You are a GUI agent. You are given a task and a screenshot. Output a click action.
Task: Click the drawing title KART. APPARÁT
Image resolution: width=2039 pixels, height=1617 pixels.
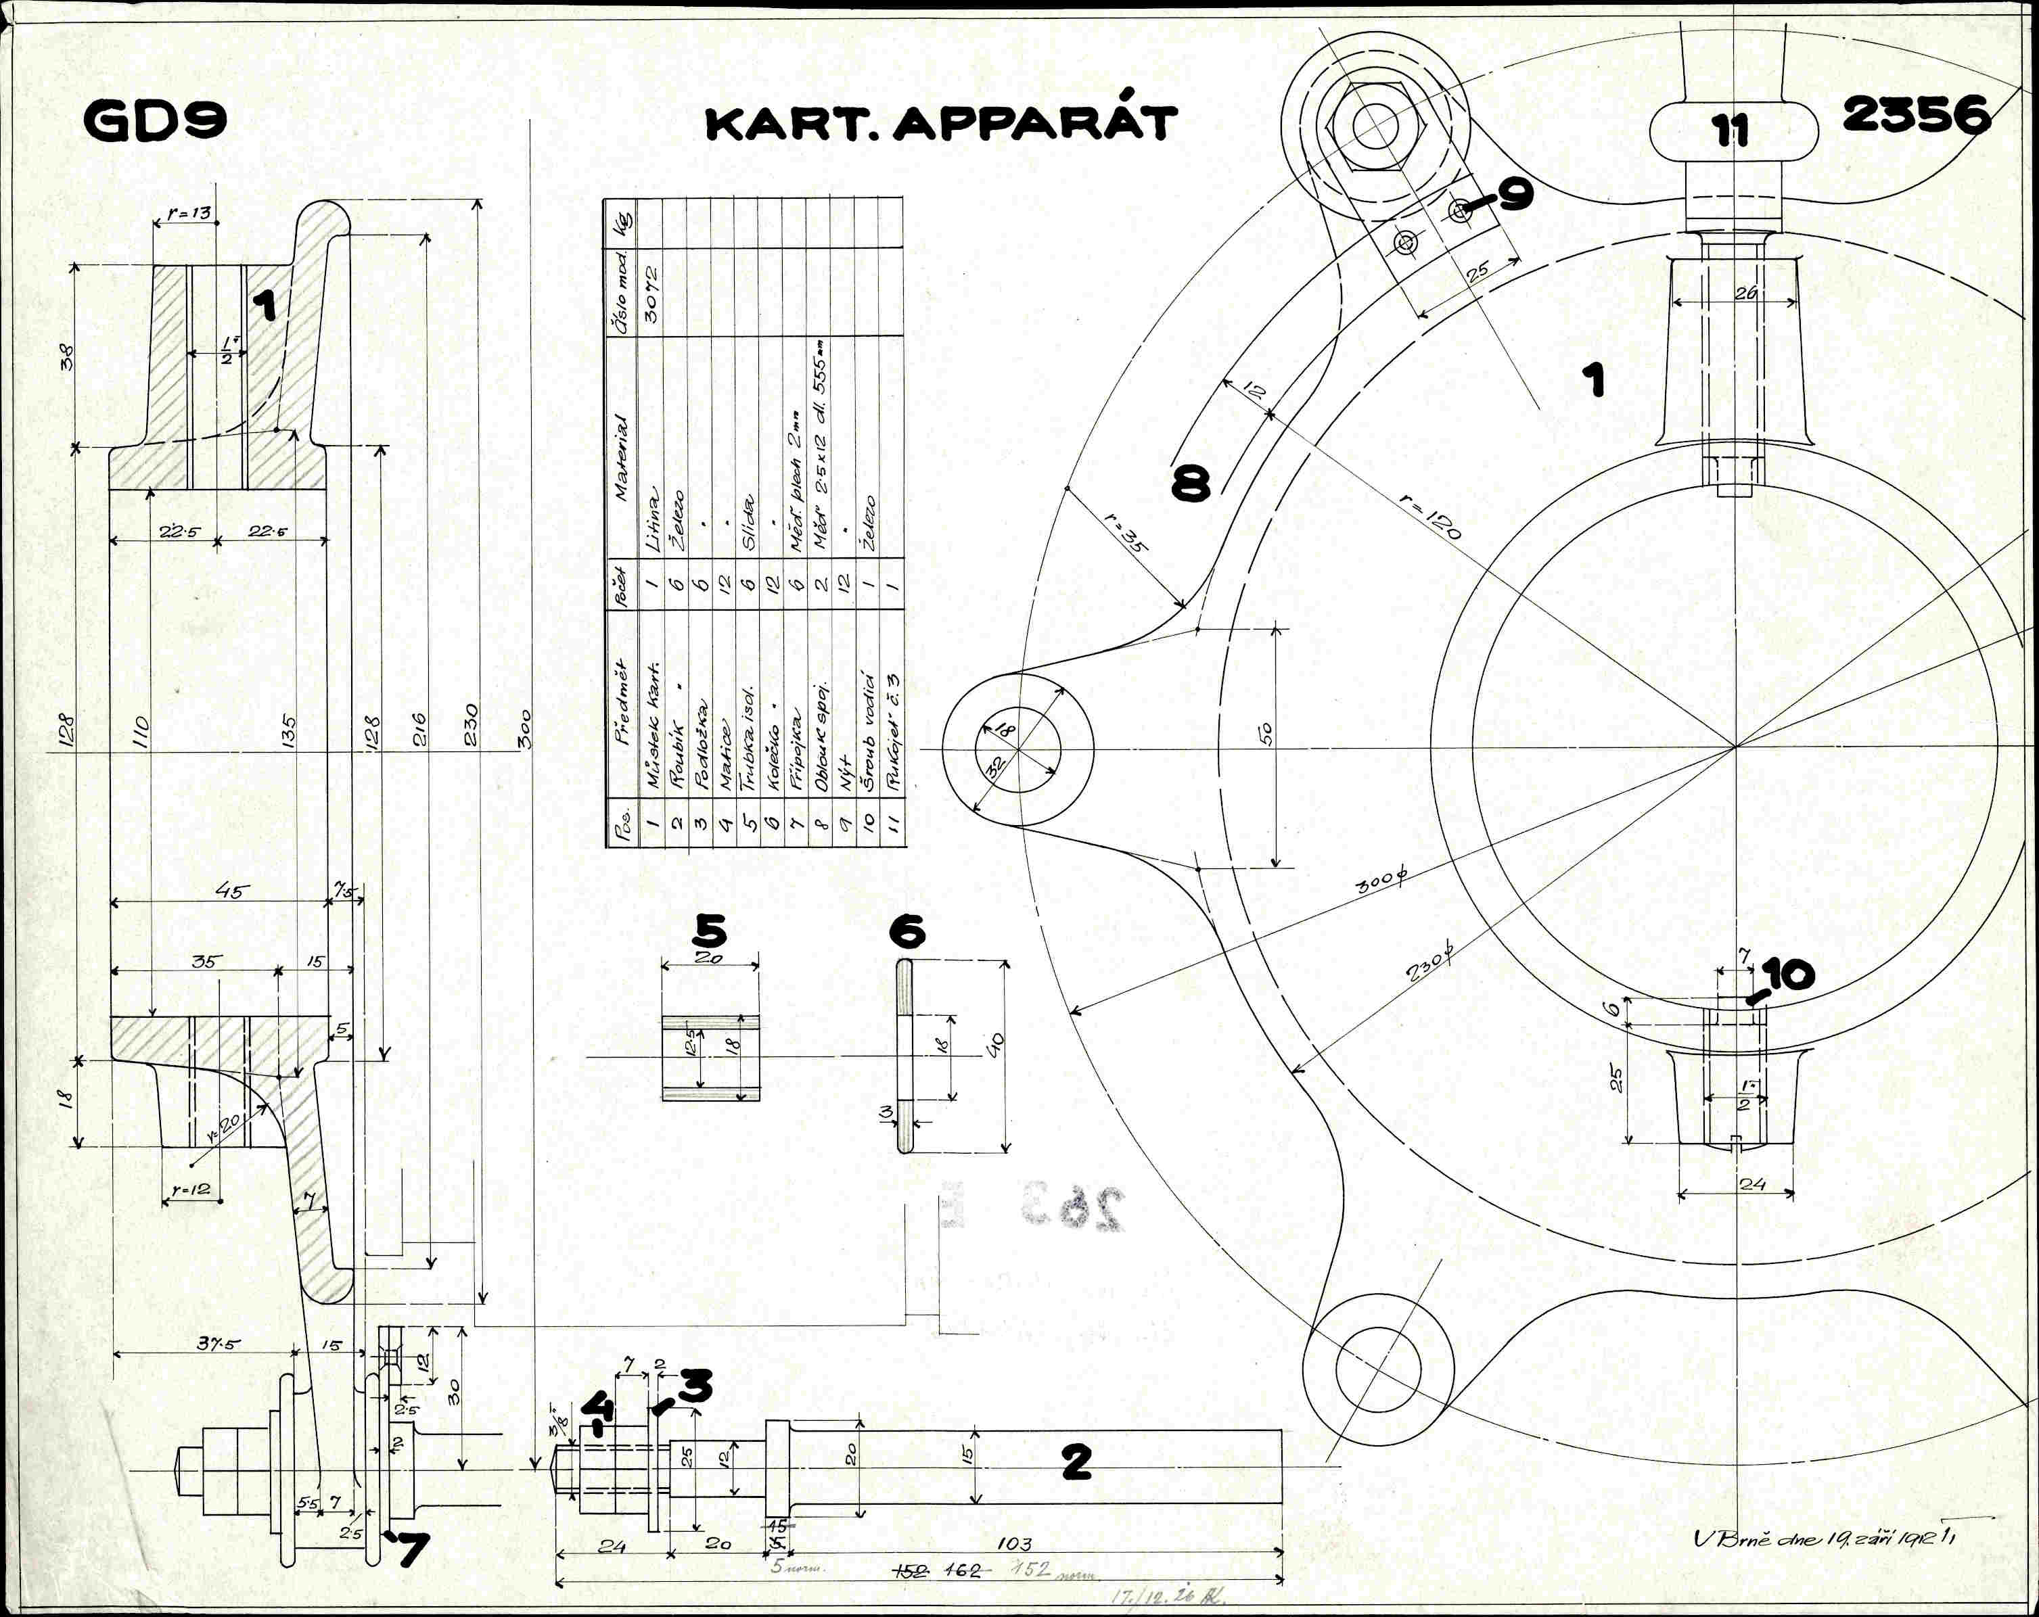[x=941, y=124]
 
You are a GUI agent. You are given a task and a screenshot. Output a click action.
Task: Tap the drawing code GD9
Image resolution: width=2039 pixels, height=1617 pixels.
[x=156, y=121]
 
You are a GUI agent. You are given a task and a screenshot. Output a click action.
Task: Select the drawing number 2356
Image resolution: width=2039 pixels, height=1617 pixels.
[x=1916, y=116]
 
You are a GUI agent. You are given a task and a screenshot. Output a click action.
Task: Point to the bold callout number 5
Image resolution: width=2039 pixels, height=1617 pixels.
[x=710, y=931]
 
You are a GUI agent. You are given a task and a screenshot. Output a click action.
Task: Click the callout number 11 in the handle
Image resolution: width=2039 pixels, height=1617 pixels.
[x=1732, y=131]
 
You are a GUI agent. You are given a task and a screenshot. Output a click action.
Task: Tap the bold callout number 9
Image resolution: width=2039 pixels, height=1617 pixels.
[x=1513, y=194]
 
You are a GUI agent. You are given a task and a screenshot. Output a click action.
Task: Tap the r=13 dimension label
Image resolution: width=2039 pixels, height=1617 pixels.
[x=189, y=214]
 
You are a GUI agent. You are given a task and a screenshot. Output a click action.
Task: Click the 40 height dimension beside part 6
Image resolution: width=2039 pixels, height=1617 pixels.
[x=996, y=1044]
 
